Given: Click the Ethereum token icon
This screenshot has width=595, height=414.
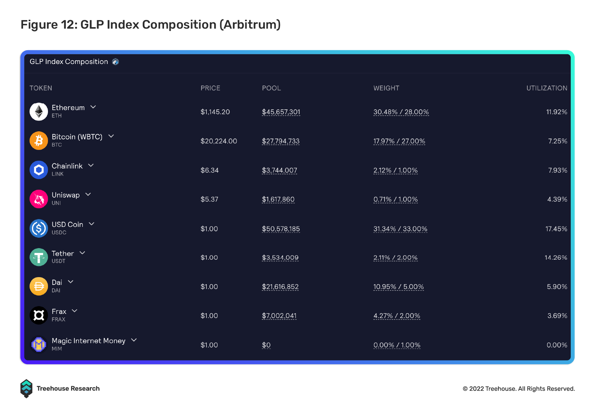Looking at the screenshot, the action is click(39, 112).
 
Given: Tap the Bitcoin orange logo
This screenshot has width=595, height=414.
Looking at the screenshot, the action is click(39, 141).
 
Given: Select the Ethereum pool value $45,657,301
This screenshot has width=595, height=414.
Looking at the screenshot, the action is click(281, 112).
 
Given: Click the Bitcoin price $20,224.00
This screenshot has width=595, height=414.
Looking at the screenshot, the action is click(219, 141).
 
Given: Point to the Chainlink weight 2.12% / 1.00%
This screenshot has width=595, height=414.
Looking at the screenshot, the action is click(396, 170).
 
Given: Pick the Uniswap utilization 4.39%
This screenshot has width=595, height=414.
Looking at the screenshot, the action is click(557, 199).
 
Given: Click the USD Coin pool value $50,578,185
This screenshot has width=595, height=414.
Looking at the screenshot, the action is click(281, 229).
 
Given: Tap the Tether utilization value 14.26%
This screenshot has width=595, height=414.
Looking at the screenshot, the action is click(556, 257).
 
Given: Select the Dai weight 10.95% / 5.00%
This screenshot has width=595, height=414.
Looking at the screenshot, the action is click(398, 287).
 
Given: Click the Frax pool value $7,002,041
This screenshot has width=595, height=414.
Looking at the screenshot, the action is click(279, 316).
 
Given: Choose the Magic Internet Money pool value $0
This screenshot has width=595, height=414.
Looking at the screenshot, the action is click(266, 345).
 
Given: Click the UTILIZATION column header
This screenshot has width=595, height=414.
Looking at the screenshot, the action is click(547, 88).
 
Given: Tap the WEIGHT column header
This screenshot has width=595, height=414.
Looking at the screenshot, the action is click(386, 88).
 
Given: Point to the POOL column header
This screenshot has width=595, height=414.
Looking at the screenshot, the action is click(271, 88).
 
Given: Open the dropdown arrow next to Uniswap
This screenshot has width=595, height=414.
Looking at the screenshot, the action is click(88, 195).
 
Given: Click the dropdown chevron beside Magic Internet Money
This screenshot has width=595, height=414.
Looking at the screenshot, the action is click(134, 340).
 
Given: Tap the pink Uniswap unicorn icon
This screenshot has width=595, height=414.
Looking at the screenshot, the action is click(39, 199).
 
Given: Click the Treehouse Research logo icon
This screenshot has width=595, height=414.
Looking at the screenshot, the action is click(26, 388).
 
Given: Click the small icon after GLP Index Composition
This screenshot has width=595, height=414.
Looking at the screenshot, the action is click(115, 62).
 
